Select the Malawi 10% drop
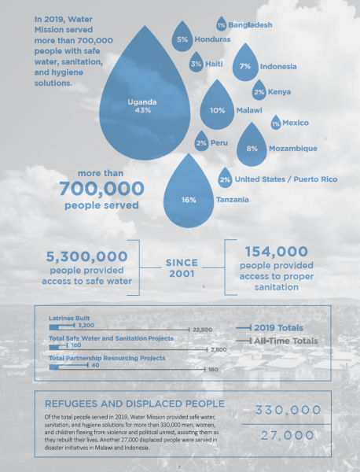coord(217,110)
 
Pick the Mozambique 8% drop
coord(252,146)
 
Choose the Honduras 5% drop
coord(182,39)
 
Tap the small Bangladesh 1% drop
coord(222,27)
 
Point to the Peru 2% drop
coord(202,143)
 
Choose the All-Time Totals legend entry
coord(290,341)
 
